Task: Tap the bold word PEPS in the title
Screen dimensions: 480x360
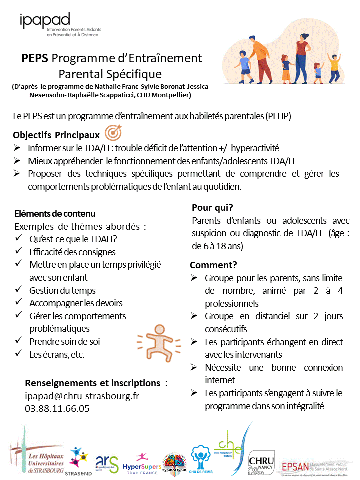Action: (x=35, y=58)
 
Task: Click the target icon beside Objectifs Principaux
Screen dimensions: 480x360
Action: (x=112, y=135)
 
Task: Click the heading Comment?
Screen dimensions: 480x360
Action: (x=213, y=265)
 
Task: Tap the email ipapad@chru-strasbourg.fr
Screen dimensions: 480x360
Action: (x=82, y=396)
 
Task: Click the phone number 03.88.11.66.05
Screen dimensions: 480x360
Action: (x=57, y=408)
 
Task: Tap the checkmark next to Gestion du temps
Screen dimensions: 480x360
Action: (x=19, y=290)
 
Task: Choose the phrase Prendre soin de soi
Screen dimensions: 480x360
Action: (x=65, y=342)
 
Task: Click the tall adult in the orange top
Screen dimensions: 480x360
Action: (x=301, y=60)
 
